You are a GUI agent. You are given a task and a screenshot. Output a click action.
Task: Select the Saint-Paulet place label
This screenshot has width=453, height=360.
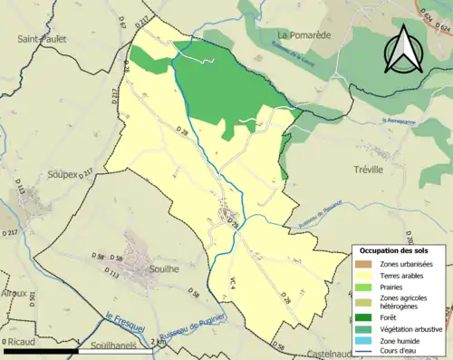(42, 39)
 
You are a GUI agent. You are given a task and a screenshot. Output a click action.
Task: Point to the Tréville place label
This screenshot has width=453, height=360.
(368, 170)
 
